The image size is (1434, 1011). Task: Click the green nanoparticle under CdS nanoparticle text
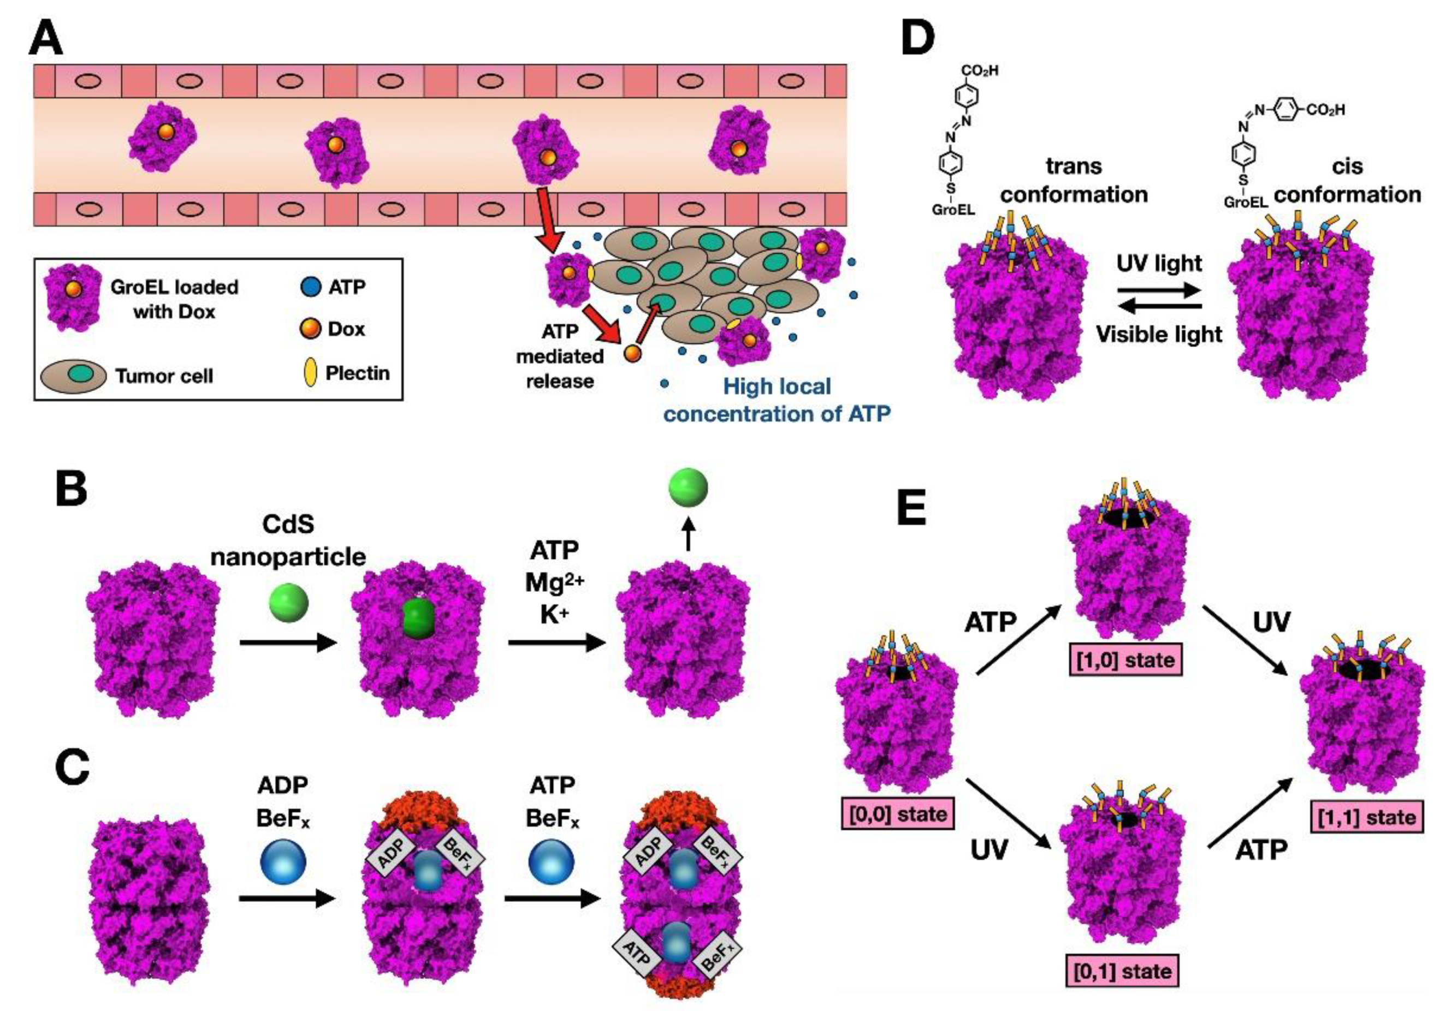point(288,603)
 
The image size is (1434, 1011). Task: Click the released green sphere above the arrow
point(688,487)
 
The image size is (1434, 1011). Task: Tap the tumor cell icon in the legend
point(74,375)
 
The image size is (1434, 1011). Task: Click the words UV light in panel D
point(1159,263)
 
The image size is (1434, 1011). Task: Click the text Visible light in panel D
point(1159,335)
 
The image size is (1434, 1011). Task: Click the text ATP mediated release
point(560,356)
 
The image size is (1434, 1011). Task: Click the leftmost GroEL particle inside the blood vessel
point(162,138)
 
